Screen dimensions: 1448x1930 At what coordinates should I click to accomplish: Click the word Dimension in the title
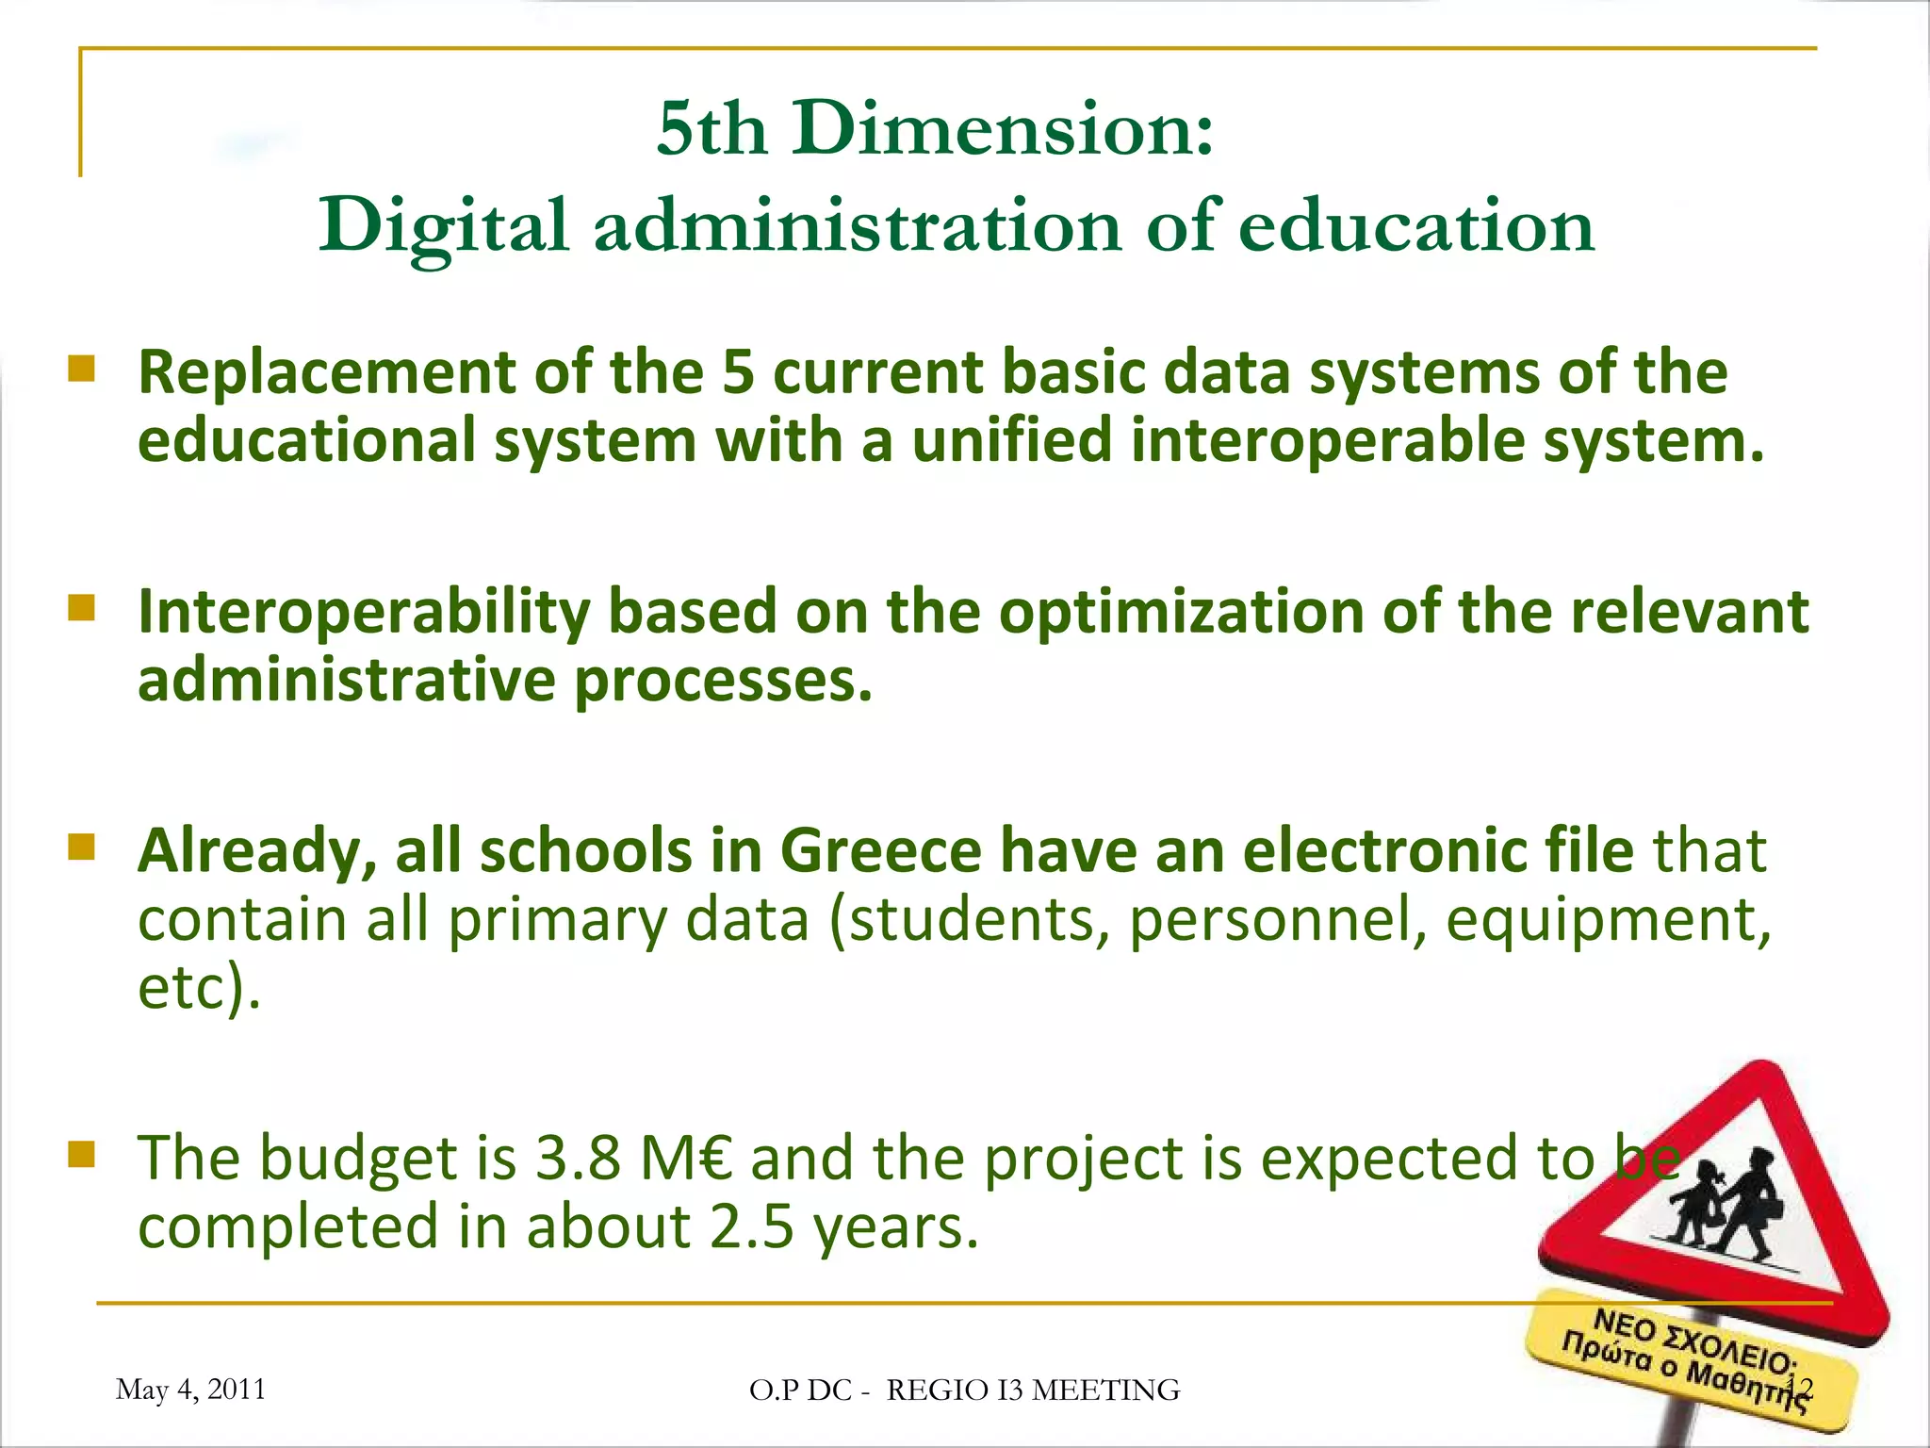point(1003,128)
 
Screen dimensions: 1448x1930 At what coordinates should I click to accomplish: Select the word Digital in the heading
point(443,226)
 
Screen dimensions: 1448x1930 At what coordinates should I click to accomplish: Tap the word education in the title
point(1415,226)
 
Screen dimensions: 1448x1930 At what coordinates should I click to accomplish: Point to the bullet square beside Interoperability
point(82,608)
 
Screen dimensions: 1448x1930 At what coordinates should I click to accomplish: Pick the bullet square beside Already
point(82,847)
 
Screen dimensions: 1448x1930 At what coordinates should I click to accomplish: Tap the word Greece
point(880,850)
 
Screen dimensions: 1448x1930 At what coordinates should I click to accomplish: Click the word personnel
point(1277,919)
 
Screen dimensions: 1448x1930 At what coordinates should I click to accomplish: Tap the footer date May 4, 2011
point(190,1390)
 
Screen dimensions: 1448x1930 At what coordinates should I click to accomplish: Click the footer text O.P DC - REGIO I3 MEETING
point(964,1390)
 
